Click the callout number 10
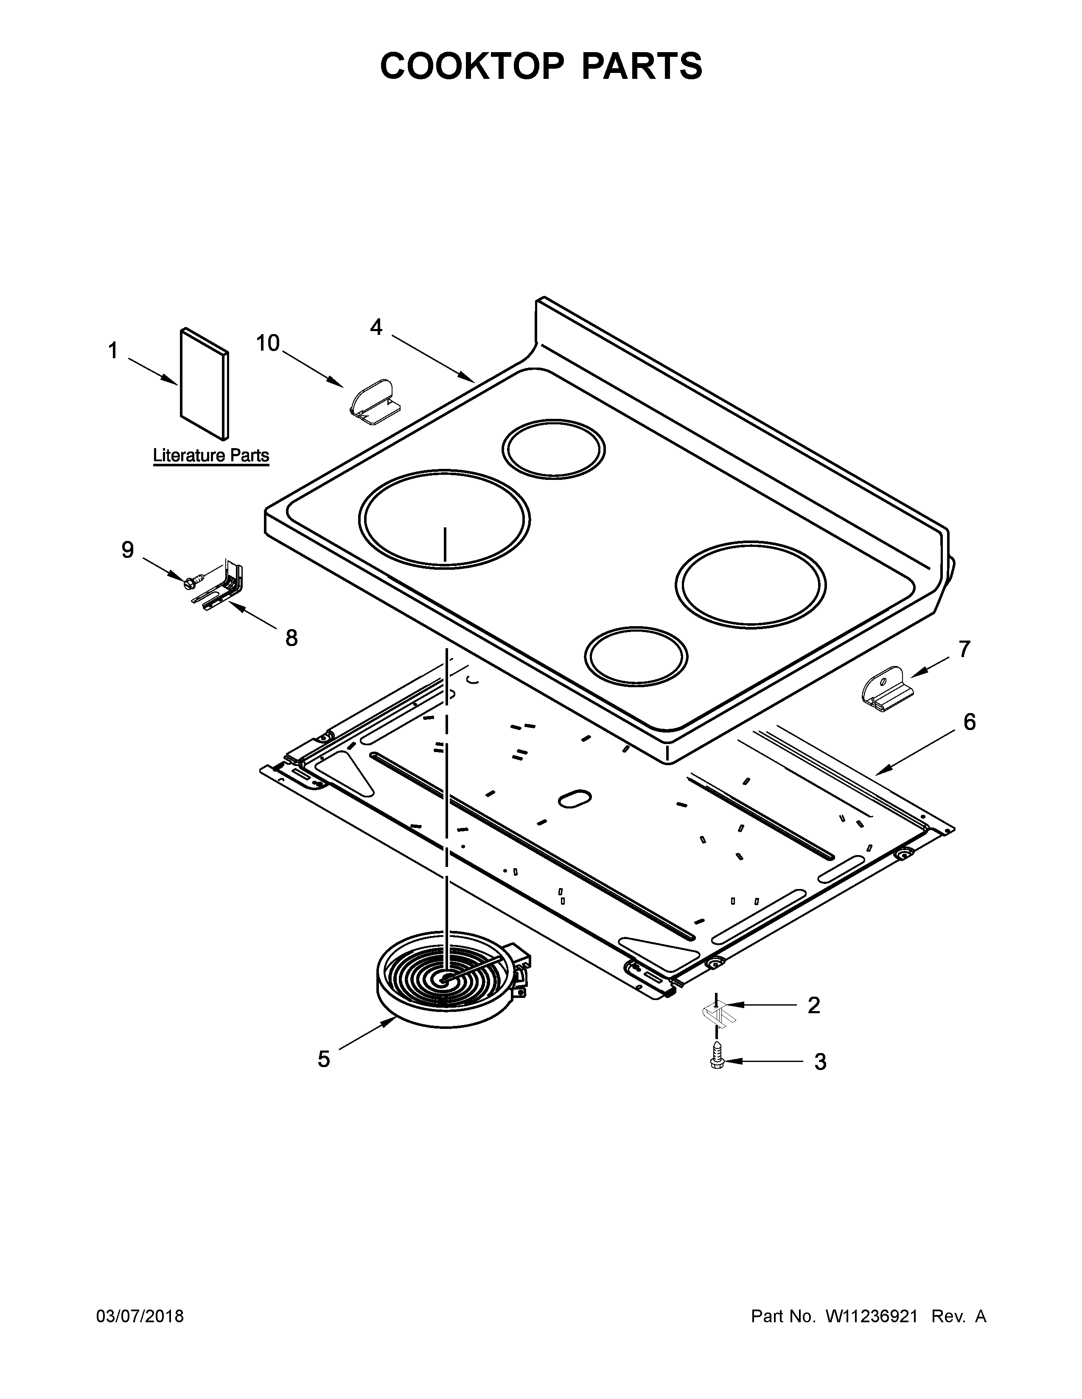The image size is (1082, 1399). [x=268, y=343]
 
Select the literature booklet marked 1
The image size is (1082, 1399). [x=204, y=385]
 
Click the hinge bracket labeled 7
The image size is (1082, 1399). [x=885, y=689]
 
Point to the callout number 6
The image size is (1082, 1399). [x=969, y=722]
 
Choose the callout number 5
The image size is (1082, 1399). [x=324, y=1059]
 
